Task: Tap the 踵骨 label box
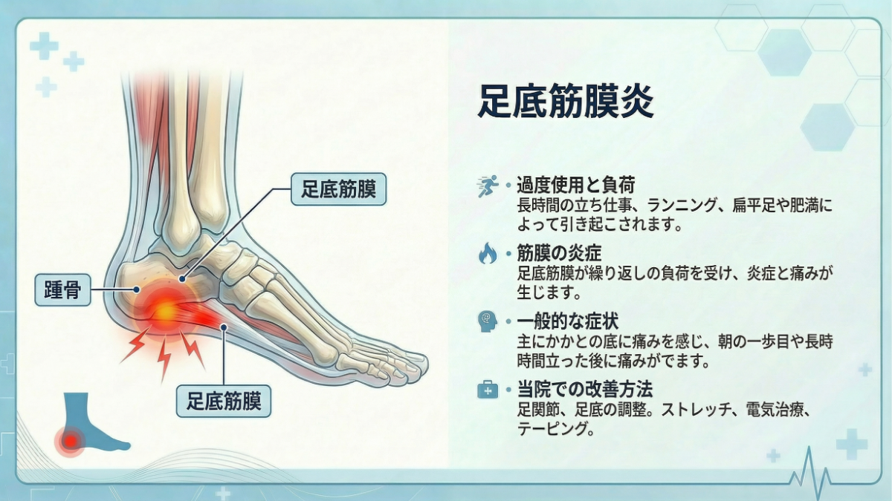click(x=62, y=289)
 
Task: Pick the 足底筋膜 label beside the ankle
click(x=338, y=189)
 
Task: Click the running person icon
click(x=487, y=186)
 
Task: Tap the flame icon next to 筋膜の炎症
click(x=487, y=255)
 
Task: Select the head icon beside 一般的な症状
click(x=487, y=321)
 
